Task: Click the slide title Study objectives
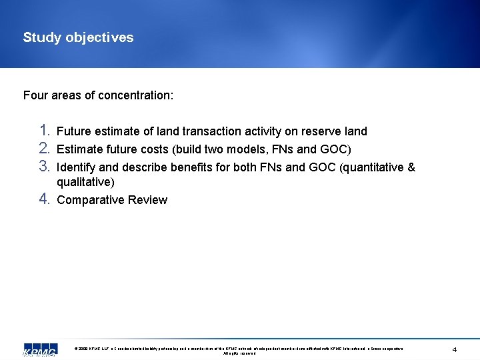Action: [x=78, y=37]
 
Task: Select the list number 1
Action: [x=44, y=130]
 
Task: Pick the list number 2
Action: [x=44, y=148]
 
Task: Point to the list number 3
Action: [x=44, y=166]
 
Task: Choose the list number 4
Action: [x=44, y=199]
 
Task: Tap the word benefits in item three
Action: [x=194, y=167]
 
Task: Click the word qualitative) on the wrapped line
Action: [x=85, y=182]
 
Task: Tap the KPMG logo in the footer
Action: [x=39, y=351]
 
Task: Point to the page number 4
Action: [x=454, y=350]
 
